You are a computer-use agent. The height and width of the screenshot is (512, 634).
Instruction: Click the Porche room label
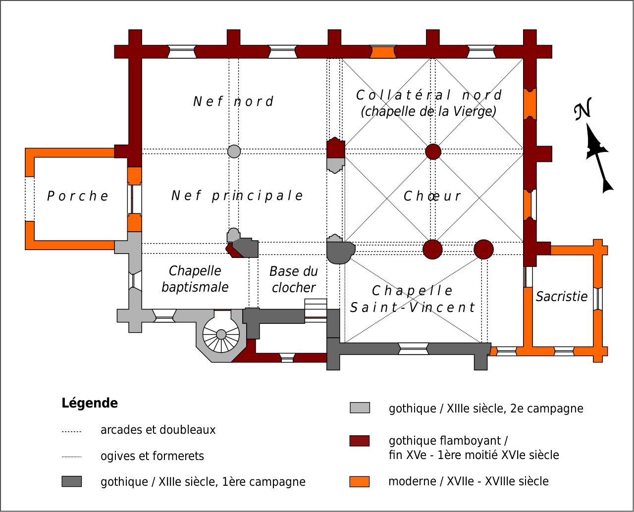point(78,196)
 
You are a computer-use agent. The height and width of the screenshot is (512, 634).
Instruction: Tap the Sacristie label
point(562,297)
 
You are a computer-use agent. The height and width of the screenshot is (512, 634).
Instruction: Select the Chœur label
point(432,196)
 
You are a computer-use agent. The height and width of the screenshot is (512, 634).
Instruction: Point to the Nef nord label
point(233,102)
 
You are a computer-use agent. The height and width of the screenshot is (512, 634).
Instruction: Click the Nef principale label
point(237,196)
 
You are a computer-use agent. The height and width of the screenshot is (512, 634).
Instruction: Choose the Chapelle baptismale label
point(195,279)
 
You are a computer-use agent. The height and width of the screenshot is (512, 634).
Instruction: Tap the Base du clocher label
point(294,279)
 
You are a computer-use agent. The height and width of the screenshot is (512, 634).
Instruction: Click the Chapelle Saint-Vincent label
point(412,299)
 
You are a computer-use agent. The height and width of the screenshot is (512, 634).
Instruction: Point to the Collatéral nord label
point(428,103)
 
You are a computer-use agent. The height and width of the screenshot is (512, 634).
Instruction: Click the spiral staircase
point(221,335)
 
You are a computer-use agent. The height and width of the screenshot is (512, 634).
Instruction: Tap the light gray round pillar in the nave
point(234,152)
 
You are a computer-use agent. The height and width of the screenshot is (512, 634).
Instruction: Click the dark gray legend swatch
point(72,481)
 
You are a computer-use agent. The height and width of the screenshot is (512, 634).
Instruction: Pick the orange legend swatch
point(360,481)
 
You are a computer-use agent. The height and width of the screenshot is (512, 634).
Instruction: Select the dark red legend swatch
point(360,441)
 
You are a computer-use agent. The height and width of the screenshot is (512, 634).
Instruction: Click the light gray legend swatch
point(360,408)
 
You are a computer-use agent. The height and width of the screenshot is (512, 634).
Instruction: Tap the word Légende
point(90,403)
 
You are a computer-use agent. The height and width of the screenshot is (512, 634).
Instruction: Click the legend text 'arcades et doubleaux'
point(158,430)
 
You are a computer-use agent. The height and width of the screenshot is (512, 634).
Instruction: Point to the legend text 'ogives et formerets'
point(152,456)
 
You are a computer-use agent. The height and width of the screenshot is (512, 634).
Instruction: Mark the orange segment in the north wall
point(383,52)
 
